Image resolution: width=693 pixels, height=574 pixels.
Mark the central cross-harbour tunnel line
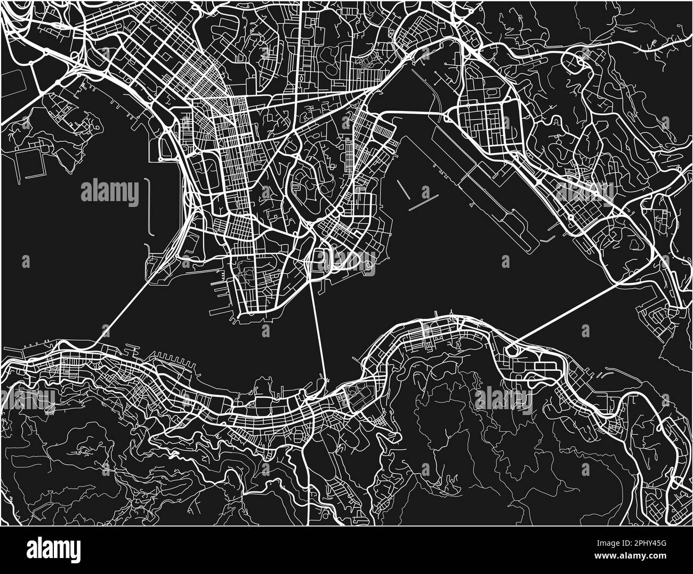[x=318, y=331]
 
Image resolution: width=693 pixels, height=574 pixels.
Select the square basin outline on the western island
[x=30, y=163]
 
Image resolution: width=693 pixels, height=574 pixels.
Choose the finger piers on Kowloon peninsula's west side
[x=224, y=299]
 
